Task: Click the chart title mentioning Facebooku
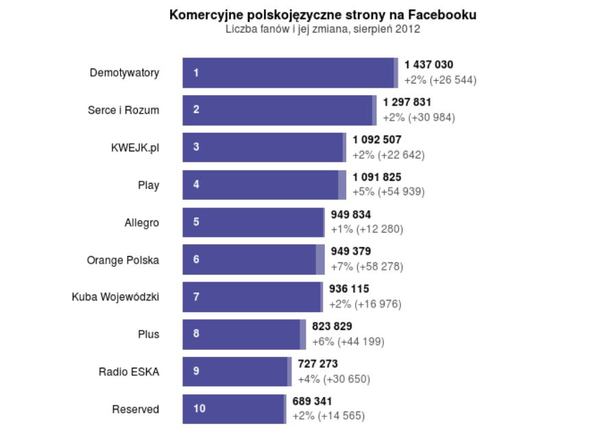(x=323, y=14)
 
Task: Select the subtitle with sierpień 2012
(x=323, y=29)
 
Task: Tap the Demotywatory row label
(x=124, y=73)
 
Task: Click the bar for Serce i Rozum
(x=278, y=110)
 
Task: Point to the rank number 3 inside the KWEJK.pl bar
(x=196, y=147)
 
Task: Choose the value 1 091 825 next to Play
(x=377, y=177)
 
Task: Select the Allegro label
(x=142, y=223)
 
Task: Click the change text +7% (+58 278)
(x=367, y=266)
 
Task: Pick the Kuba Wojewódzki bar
(x=251, y=296)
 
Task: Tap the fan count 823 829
(x=332, y=327)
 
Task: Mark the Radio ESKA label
(x=129, y=372)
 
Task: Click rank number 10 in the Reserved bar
(x=199, y=409)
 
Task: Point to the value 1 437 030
(x=429, y=65)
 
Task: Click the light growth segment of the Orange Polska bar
(x=320, y=260)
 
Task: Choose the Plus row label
(x=148, y=334)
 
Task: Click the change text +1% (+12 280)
(x=367, y=229)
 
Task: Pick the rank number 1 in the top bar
(x=196, y=73)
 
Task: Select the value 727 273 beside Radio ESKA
(x=317, y=364)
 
